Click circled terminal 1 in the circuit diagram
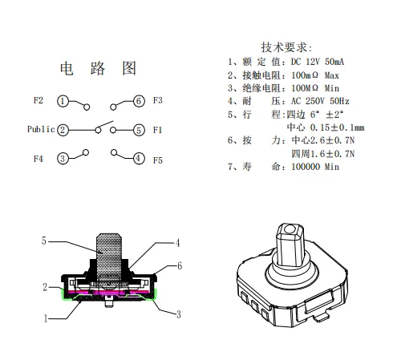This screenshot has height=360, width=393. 63,101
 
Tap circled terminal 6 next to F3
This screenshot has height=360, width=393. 139,101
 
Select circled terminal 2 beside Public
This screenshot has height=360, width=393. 63,130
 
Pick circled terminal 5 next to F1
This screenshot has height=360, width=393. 139,130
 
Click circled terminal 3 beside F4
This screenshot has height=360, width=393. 63,159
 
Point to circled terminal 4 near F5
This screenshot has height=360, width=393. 139,158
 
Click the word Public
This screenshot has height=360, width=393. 41,129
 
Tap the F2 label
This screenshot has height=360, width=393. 38,100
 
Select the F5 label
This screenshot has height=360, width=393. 158,160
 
